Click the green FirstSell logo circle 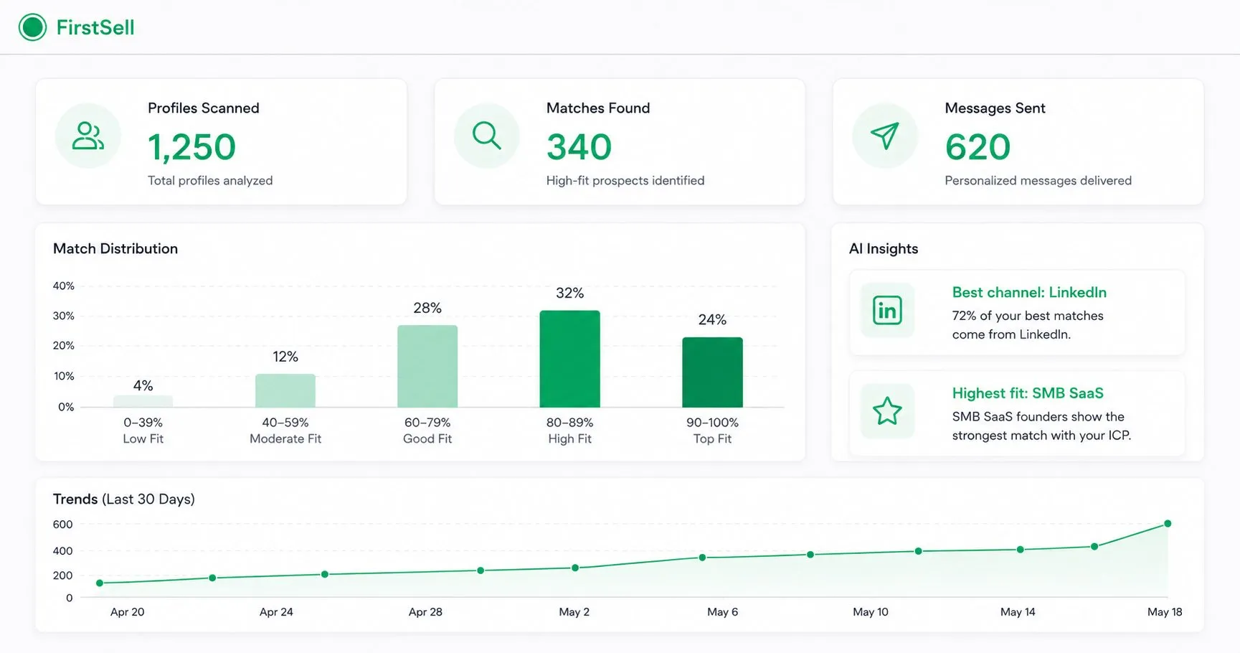[x=32, y=27]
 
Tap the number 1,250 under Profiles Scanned [x=191, y=147]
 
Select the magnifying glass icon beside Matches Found [x=486, y=135]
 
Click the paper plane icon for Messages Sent [x=884, y=135]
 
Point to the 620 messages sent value [x=978, y=147]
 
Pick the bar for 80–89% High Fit [x=569, y=359]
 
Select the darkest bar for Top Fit [x=712, y=372]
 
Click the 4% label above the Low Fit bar [x=143, y=385]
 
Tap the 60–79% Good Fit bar [x=427, y=366]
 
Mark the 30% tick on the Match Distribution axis [x=63, y=316]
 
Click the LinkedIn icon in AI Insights [x=887, y=310]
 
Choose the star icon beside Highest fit [x=887, y=411]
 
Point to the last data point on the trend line [x=1168, y=524]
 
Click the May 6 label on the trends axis [x=722, y=612]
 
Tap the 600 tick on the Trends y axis [x=62, y=525]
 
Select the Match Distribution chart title [x=115, y=248]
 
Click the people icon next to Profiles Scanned [x=88, y=136]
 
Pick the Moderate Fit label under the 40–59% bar [x=285, y=438]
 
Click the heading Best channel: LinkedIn [x=1029, y=292]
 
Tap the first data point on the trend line [x=100, y=583]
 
